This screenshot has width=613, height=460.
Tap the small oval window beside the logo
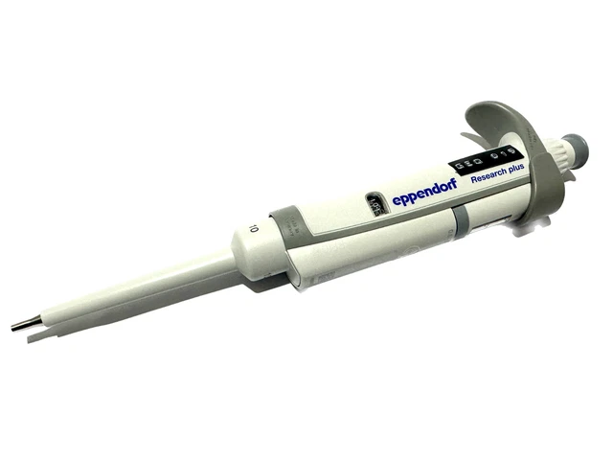pyautogui.click(x=374, y=204)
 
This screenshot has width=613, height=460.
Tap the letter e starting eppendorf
pyautogui.click(x=397, y=204)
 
